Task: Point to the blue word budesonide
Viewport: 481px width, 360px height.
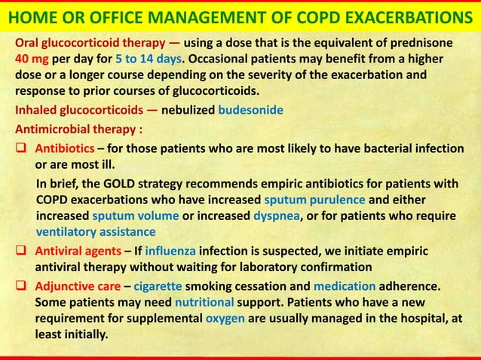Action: pos(250,110)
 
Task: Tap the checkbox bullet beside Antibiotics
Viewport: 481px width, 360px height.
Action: pos(22,148)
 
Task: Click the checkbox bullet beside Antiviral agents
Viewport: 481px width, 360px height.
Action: pos(22,251)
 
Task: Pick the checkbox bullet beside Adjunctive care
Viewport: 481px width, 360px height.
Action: pos(22,287)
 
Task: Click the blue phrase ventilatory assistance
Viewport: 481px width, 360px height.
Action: pos(96,233)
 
